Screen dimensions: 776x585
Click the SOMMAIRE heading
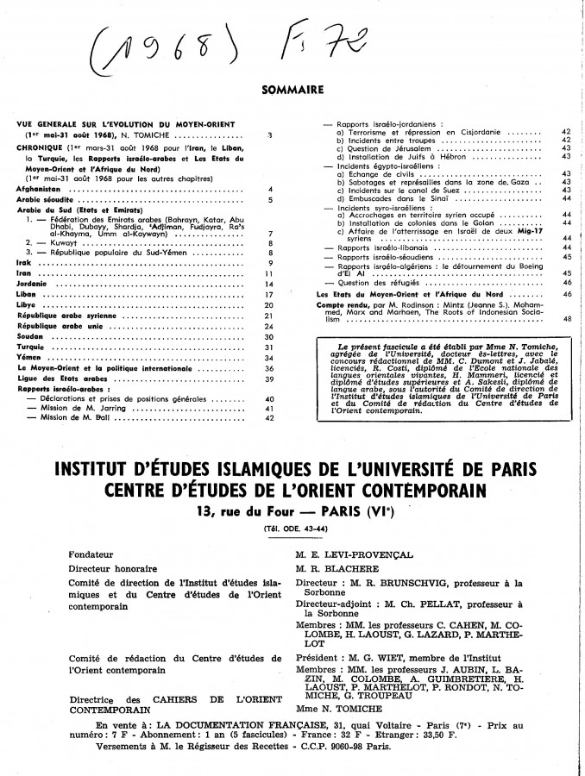tap(292, 88)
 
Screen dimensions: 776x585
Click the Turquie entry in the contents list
tap(33, 347)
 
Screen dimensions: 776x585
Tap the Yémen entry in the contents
tap(31, 358)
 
